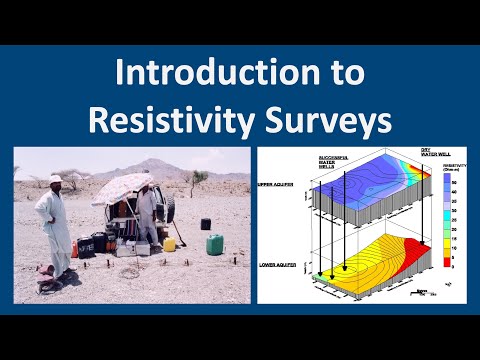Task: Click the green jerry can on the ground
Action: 214,244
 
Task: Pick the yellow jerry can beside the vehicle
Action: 170,243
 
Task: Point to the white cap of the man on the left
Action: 53,179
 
